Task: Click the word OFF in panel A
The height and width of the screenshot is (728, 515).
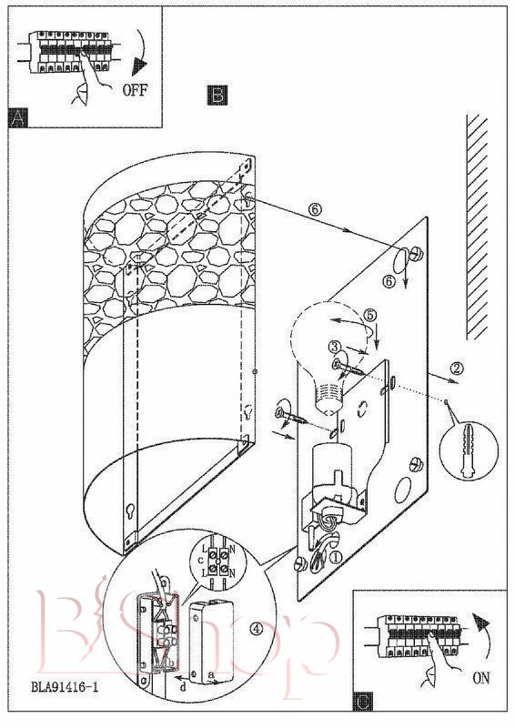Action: (x=134, y=89)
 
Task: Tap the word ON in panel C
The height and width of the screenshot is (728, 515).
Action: (x=480, y=678)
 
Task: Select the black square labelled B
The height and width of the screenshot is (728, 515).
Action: (x=217, y=95)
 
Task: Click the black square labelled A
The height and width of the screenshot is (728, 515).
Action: (x=18, y=118)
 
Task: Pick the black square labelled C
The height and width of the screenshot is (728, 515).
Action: (x=363, y=701)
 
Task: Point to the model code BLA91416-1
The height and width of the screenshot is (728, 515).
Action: (x=65, y=687)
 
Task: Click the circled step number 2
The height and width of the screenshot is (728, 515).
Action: (x=457, y=369)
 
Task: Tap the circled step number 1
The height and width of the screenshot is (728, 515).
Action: (x=335, y=557)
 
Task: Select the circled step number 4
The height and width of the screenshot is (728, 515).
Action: (x=257, y=629)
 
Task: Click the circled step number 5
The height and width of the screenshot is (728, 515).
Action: (x=369, y=315)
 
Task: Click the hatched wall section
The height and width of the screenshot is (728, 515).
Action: (x=477, y=226)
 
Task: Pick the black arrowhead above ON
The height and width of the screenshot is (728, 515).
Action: (x=480, y=622)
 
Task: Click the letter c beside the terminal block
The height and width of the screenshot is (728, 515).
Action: (x=200, y=561)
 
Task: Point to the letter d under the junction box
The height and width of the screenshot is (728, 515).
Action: (x=183, y=687)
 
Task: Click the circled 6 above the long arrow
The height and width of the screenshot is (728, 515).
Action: (x=315, y=210)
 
